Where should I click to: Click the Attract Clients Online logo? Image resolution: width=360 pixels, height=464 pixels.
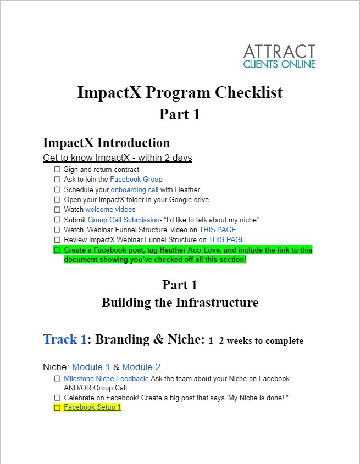click(x=279, y=57)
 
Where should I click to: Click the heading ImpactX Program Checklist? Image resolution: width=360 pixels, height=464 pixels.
click(x=180, y=92)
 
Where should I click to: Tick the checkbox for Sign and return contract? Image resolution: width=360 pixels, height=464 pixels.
click(x=57, y=169)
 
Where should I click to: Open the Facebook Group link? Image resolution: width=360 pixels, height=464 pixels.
click(x=136, y=180)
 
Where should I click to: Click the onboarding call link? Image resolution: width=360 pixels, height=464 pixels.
click(x=135, y=189)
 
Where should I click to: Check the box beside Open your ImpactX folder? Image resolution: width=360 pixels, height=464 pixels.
click(x=57, y=199)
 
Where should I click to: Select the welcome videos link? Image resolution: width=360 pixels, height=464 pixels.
click(x=110, y=210)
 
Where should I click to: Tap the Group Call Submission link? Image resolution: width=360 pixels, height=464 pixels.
click(x=124, y=220)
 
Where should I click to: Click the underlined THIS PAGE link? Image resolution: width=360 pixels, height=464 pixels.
click(x=227, y=239)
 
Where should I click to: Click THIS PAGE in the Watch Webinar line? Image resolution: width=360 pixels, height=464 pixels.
click(x=218, y=230)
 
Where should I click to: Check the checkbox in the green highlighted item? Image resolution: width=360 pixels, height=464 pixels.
click(x=57, y=250)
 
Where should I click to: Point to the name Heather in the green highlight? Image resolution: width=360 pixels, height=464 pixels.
click(x=171, y=250)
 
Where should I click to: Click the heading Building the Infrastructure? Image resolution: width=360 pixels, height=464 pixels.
click(x=180, y=303)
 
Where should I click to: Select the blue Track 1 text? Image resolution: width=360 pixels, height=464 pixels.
click(x=65, y=339)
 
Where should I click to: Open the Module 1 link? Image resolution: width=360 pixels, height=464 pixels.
click(x=91, y=367)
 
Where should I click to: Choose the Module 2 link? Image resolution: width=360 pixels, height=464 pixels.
click(x=141, y=367)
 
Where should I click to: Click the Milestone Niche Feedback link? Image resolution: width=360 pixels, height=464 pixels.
click(x=106, y=378)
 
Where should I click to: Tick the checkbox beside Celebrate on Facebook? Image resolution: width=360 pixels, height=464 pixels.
click(x=57, y=398)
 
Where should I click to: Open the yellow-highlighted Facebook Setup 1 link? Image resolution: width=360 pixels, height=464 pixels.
click(x=92, y=407)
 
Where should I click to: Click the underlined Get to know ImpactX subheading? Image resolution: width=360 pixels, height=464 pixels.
click(x=118, y=158)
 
